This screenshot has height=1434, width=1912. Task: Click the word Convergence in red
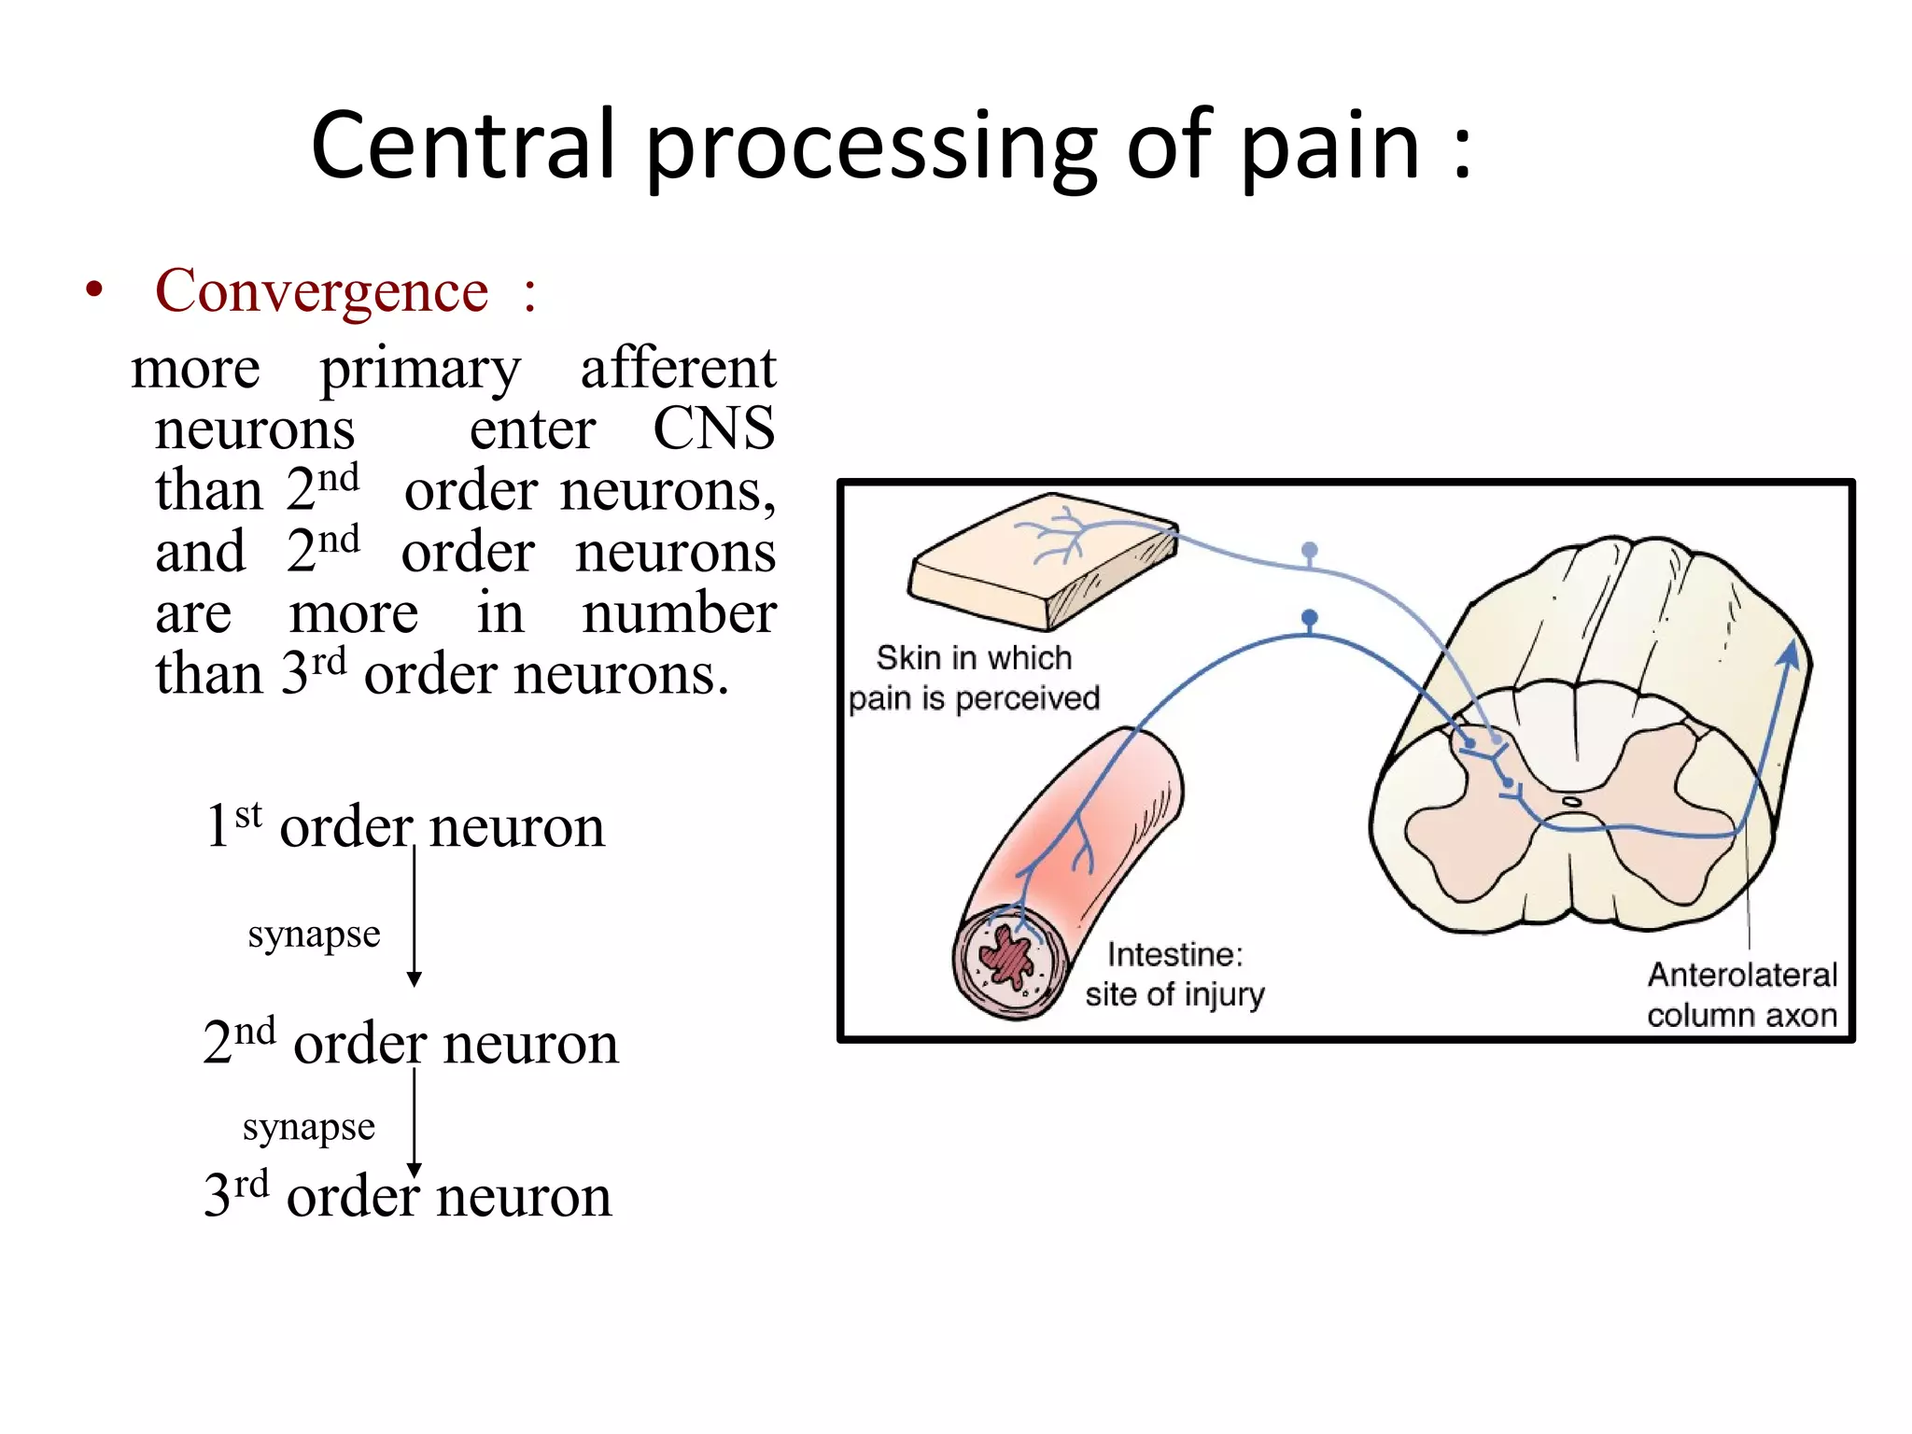click(x=321, y=290)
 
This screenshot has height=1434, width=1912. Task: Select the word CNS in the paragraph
click(x=713, y=429)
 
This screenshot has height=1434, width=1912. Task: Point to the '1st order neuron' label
click(x=405, y=826)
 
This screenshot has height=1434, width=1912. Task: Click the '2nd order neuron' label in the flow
click(x=411, y=1043)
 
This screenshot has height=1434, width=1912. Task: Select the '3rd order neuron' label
click(x=408, y=1196)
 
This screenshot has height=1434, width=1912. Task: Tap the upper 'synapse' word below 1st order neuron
click(x=314, y=934)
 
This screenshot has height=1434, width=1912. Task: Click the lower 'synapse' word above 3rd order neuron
click(x=309, y=1127)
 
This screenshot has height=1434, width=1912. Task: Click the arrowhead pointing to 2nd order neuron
click(x=415, y=978)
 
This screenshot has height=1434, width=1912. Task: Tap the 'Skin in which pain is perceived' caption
click(x=974, y=679)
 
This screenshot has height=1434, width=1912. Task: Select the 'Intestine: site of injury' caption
click(x=1174, y=975)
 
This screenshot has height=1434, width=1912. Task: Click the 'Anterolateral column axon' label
click(x=1741, y=995)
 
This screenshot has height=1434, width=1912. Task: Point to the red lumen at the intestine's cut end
click(x=1006, y=958)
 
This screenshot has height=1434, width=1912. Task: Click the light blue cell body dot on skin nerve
click(x=1310, y=550)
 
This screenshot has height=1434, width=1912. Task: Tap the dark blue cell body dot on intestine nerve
click(x=1310, y=617)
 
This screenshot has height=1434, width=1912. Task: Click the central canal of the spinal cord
click(x=1573, y=801)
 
